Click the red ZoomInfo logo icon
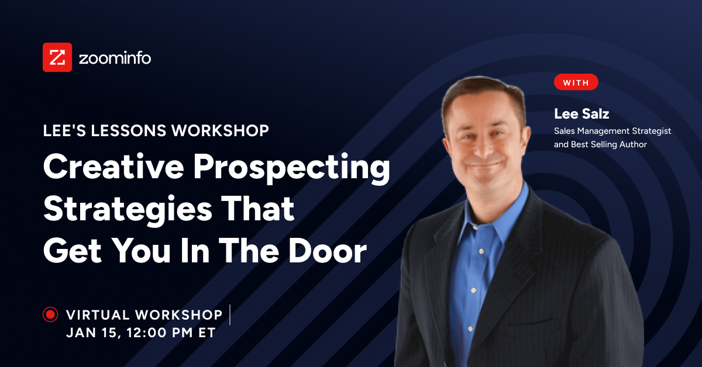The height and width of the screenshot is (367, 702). pyautogui.click(x=57, y=57)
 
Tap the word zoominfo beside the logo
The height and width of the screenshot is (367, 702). pyautogui.click(x=115, y=58)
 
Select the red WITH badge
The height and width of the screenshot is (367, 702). pyautogui.click(x=576, y=82)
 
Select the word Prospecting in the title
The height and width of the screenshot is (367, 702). pyautogui.click(x=292, y=168)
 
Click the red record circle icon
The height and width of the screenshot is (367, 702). pyautogui.click(x=50, y=315)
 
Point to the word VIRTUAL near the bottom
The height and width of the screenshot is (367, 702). pyautogui.click(x=98, y=315)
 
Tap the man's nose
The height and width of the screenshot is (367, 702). pyautogui.click(x=481, y=141)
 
